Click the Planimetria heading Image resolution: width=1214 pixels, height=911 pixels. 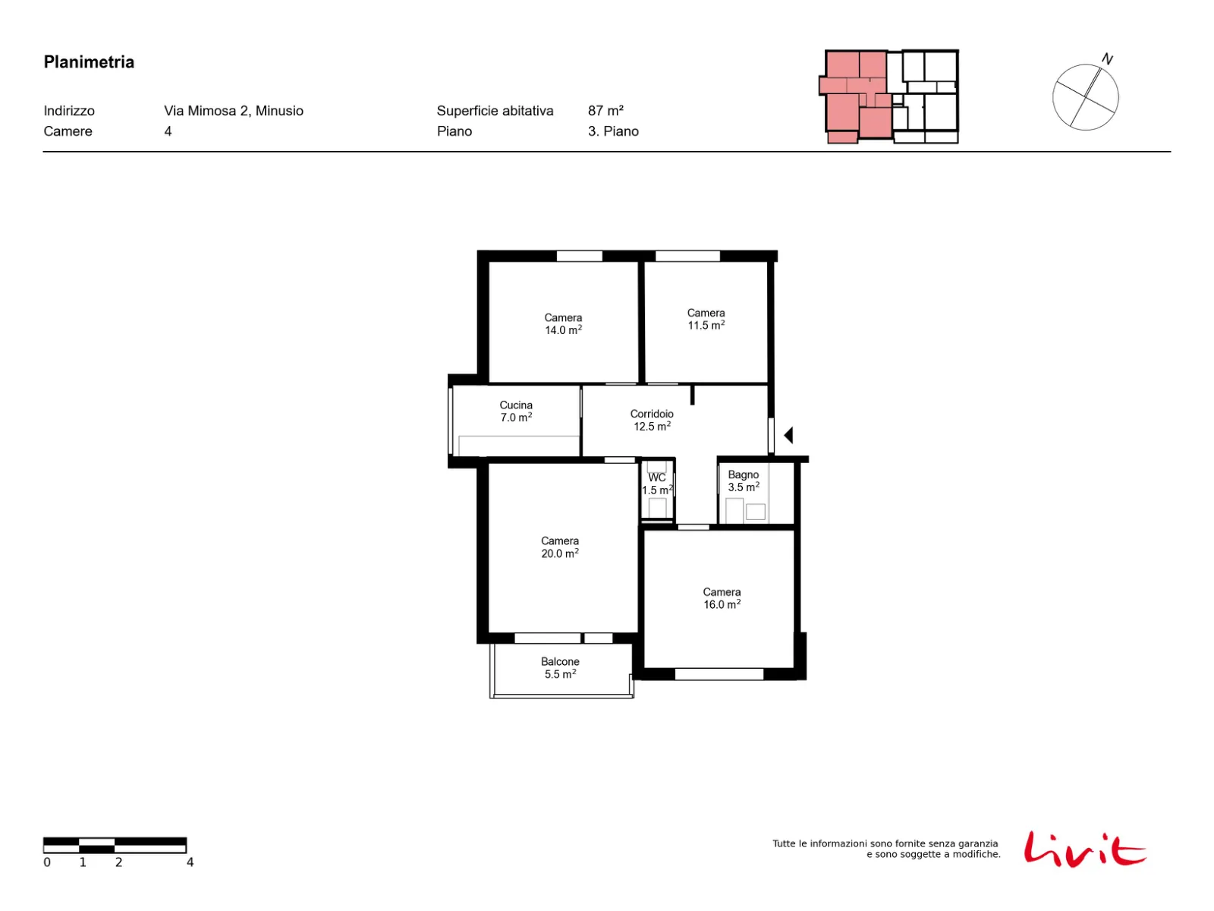(89, 62)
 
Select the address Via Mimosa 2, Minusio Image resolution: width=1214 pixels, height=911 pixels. (234, 111)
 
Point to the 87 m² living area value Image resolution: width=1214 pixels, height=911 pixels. (605, 111)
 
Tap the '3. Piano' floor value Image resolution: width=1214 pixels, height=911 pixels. (613, 131)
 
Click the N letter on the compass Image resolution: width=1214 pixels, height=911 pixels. (1107, 58)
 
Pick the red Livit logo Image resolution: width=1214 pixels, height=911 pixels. (1084, 849)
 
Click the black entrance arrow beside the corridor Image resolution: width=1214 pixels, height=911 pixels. (788, 435)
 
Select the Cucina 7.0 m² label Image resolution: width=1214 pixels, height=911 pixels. (515, 411)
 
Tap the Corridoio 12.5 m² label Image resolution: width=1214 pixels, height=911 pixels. (652, 420)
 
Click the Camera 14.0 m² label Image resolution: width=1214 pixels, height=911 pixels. (563, 323)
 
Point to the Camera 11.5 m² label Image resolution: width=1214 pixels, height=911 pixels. (706, 319)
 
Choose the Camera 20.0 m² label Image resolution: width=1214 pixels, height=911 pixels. (560, 547)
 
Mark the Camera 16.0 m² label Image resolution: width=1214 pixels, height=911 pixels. (722, 598)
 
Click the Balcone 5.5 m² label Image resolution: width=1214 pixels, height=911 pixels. (560, 667)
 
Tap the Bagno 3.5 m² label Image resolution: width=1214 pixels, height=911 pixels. (743, 481)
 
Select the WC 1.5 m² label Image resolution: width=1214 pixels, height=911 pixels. (657, 484)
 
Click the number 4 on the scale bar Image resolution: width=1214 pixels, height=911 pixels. (190, 862)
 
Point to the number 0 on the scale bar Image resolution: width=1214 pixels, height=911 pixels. (47, 862)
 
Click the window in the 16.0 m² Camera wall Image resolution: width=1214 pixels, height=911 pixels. (719, 673)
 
